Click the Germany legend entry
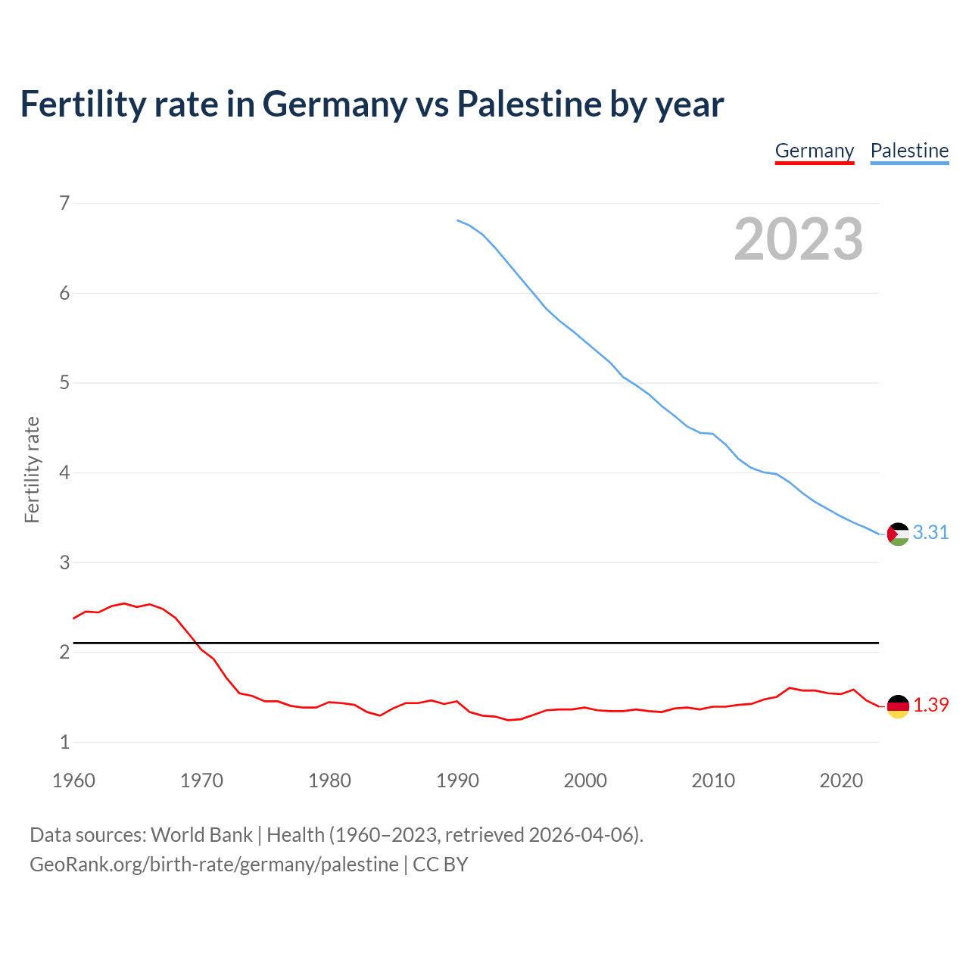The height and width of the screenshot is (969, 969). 815,151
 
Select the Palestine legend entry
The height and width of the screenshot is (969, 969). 909,151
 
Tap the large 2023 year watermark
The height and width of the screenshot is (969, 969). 799,239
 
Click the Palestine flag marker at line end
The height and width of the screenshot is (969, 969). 898,534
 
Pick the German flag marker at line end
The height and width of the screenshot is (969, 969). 898,706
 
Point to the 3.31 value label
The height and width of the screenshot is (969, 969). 930,533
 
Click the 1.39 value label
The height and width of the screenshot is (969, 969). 930,705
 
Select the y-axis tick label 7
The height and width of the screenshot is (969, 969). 64,203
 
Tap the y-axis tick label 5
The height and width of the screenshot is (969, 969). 64,383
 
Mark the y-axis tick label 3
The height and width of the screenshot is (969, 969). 64,562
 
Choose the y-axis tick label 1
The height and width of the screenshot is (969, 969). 64,742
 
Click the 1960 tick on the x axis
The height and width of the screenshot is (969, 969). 73,780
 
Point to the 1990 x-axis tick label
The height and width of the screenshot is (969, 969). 457,780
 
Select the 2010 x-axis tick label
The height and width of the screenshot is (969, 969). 713,780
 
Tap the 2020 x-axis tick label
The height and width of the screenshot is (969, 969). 841,780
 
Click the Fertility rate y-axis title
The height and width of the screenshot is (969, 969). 32,469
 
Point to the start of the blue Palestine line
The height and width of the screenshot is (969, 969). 457,220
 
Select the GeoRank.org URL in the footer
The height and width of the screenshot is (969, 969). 214,865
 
